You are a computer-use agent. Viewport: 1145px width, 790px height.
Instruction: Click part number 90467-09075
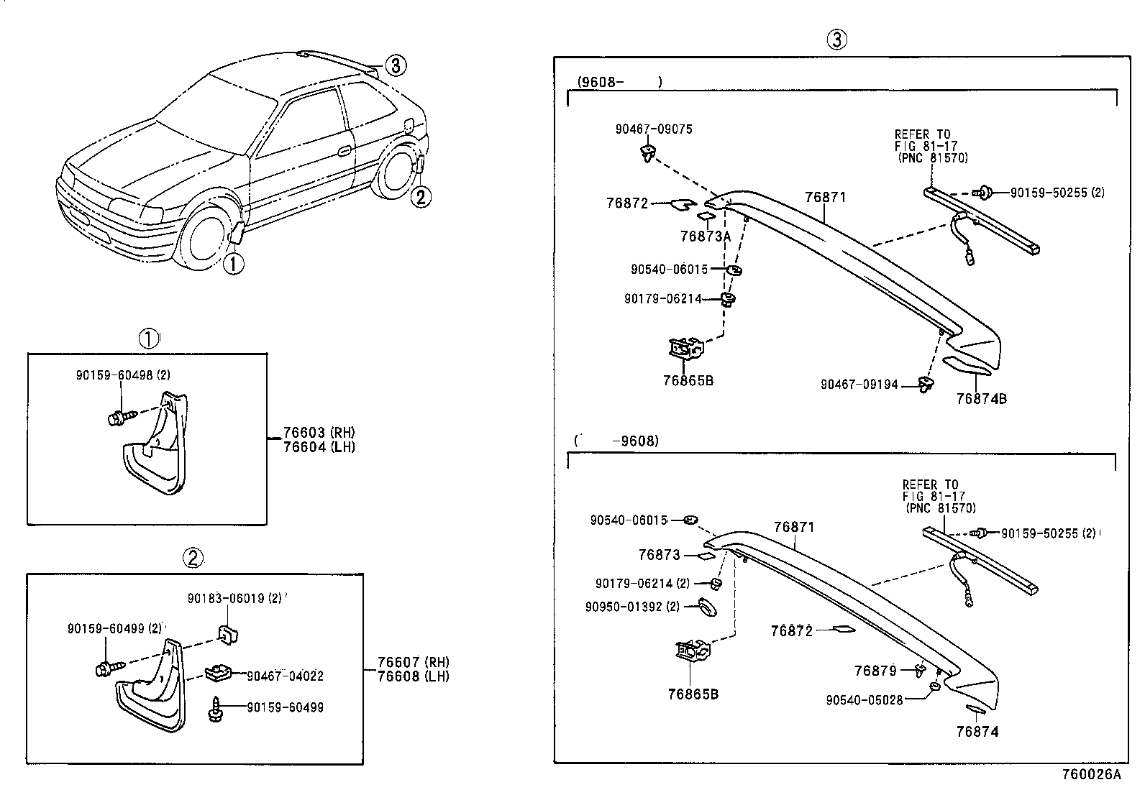[x=653, y=129]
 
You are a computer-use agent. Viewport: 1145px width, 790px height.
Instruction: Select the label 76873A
[x=705, y=236]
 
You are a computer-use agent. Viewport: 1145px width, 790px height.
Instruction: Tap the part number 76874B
[x=981, y=399]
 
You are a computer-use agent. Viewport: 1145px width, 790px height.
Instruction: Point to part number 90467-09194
[x=859, y=385]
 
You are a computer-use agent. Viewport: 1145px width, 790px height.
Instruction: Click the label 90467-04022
[x=285, y=676]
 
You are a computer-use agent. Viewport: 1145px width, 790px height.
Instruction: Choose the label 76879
[x=875, y=671]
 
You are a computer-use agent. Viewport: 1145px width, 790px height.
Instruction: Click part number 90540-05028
[x=864, y=699]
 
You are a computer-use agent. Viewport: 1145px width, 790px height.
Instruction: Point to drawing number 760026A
[x=1091, y=774]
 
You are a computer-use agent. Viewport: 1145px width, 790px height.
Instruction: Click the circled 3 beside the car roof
[x=396, y=66]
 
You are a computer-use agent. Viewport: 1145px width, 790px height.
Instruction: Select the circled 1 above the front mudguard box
[x=148, y=339]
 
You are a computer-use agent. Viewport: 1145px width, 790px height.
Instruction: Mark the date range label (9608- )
[x=619, y=82]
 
